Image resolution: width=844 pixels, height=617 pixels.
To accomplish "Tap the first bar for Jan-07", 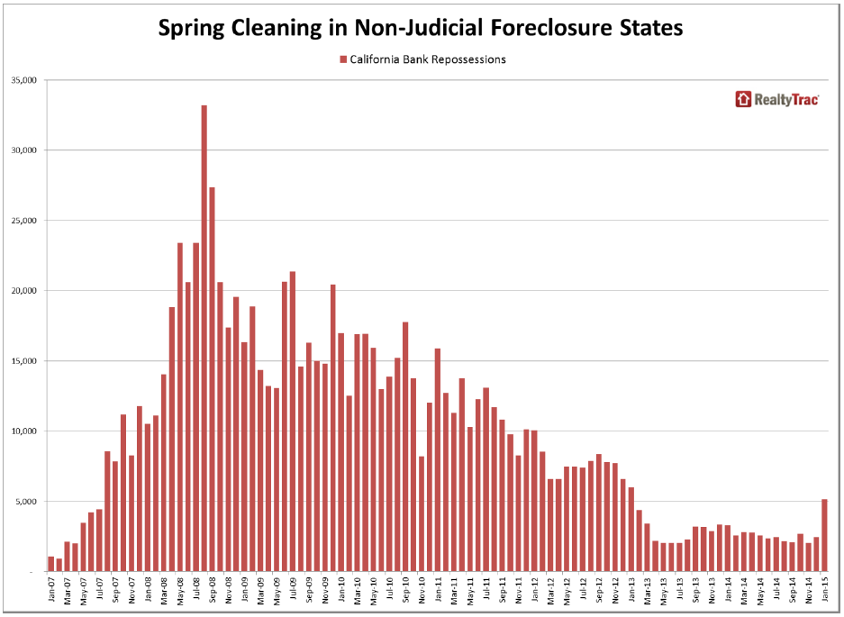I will [x=51, y=564].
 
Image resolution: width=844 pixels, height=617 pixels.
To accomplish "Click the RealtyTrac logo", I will [x=776, y=100].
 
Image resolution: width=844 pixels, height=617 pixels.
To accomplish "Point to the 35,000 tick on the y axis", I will [x=22, y=80].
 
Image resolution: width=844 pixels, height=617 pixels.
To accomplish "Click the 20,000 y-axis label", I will [x=22, y=291].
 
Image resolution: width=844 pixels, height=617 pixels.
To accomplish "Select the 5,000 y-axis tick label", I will [x=24, y=502].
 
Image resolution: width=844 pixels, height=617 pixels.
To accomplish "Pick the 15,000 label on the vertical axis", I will [x=22, y=361].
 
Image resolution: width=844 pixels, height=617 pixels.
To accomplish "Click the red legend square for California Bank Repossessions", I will [x=342, y=59].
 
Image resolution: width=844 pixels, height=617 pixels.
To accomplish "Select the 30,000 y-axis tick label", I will [x=22, y=150].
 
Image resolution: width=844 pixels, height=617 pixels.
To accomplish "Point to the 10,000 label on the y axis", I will [x=22, y=431].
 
